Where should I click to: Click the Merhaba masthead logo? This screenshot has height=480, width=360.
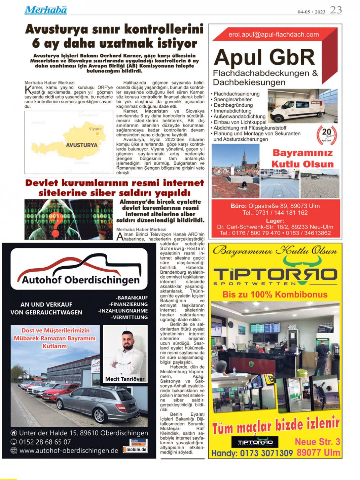pos(46,10)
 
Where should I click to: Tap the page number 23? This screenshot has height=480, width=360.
pos(336,10)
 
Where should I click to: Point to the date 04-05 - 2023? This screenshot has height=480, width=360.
pos(311,12)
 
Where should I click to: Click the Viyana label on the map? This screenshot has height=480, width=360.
pos(95,129)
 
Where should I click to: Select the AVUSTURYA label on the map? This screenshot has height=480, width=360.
pos(82,145)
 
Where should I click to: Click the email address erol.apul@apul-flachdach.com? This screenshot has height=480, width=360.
pos(273,34)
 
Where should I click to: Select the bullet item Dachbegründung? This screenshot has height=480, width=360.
pos(233,105)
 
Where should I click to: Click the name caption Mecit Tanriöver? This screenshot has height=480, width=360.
pos(125,379)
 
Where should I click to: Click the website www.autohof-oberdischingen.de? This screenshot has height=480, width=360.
pos(69,450)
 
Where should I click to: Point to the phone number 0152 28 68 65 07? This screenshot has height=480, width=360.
pos(45,442)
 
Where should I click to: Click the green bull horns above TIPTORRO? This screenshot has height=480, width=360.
pos(295,260)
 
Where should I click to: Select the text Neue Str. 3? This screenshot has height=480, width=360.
pos(317,442)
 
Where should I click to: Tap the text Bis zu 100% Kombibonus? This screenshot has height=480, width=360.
pos(275,295)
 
